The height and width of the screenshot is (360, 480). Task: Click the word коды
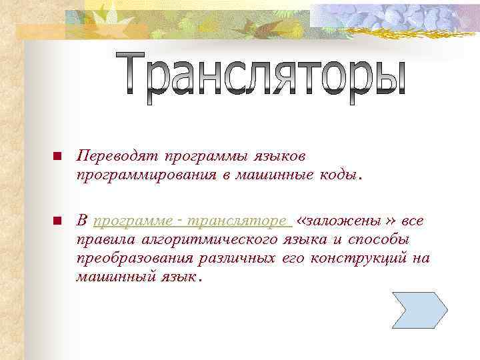tap(340, 175)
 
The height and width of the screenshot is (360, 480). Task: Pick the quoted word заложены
tap(345, 221)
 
